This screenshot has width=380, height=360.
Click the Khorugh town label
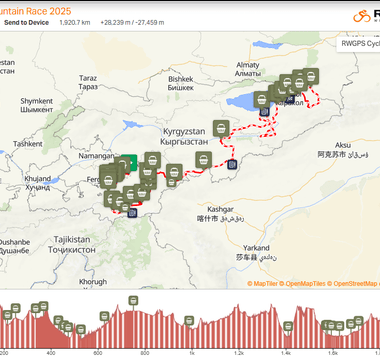92,283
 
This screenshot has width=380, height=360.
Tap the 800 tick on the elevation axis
144,352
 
